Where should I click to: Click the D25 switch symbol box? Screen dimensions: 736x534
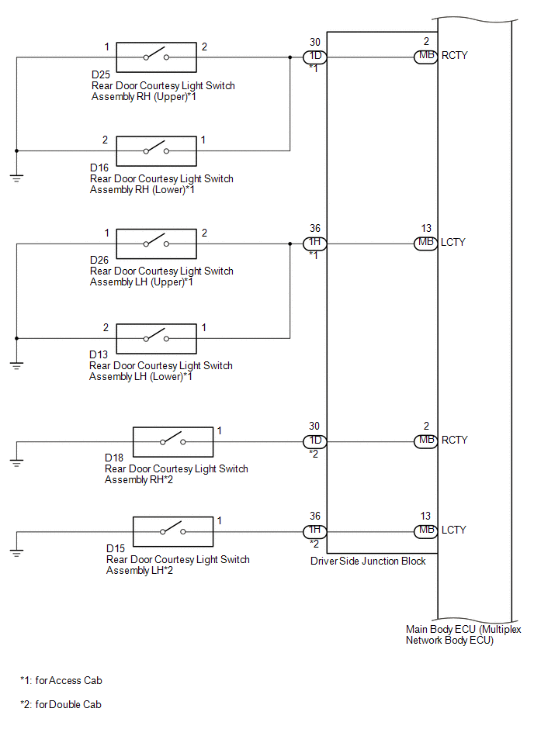coord(156,57)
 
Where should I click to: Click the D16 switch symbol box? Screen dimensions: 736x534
coord(156,150)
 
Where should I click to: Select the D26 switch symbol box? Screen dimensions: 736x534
coord(156,244)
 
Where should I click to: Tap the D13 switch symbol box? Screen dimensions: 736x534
coord(156,338)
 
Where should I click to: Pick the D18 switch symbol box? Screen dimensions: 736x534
coord(173,441)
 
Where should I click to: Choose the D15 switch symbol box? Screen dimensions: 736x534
coord(173,531)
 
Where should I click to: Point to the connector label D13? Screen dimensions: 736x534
coord(99,355)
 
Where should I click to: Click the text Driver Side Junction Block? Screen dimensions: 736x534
coord(368,561)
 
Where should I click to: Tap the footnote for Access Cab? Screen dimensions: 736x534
coord(61,681)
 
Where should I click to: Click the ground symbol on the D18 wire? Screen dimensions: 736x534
coord(16,463)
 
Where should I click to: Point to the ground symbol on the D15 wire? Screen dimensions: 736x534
coord(16,552)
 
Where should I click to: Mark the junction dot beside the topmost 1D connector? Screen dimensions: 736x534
coord(290,57)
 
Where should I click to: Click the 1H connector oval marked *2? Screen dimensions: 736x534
coord(314,531)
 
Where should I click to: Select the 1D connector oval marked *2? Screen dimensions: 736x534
coord(314,441)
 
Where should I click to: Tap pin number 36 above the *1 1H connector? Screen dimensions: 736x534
coord(314,229)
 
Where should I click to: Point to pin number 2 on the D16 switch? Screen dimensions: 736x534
coord(106,140)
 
